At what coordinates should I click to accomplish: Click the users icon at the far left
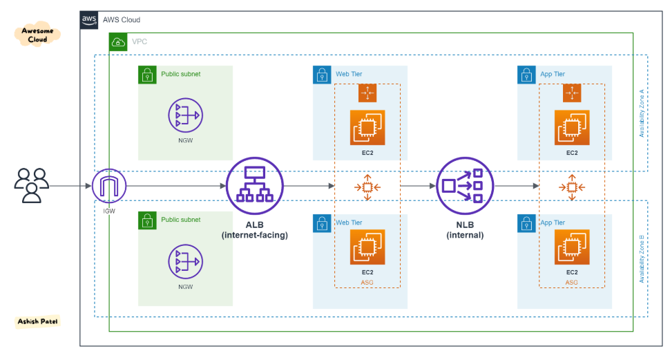click(x=32, y=185)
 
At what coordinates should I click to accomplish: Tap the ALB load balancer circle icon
click(x=254, y=185)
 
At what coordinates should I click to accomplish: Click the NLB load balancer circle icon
click(x=465, y=185)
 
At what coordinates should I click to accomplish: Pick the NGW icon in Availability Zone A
click(x=185, y=115)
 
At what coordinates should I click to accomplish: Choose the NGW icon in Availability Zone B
click(x=185, y=262)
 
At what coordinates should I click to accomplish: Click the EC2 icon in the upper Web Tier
click(x=367, y=128)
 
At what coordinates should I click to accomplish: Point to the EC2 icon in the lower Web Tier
click(x=367, y=247)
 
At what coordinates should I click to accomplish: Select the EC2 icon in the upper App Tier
click(x=572, y=128)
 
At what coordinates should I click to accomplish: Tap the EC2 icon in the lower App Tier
click(x=572, y=247)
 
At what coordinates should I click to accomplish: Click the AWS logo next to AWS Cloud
click(x=90, y=20)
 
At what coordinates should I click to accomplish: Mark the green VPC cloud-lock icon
click(x=118, y=42)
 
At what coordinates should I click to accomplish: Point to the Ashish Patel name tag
click(x=38, y=321)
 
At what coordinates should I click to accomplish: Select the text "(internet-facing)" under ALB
click(x=254, y=236)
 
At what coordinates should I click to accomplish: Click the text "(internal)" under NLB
click(x=465, y=235)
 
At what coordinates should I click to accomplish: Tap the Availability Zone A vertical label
click(x=642, y=113)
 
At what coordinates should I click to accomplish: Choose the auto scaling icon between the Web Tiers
click(x=367, y=187)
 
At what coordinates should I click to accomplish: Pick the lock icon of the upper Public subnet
click(x=147, y=75)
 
